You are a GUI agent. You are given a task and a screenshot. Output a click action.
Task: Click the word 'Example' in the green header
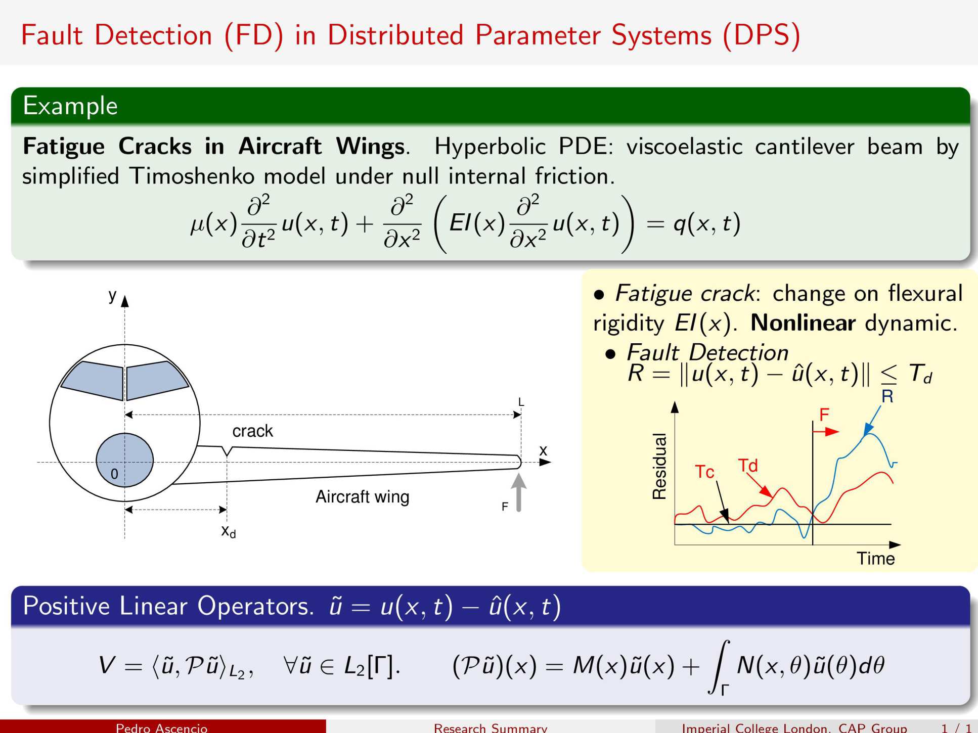tap(70, 106)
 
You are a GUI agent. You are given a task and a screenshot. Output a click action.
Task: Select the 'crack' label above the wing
tap(252, 431)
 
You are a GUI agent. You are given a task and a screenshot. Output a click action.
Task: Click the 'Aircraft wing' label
tap(362, 496)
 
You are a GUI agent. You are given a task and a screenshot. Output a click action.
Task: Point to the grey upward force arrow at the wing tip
tap(518, 492)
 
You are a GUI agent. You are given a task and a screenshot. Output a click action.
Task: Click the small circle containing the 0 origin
tap(124, 460)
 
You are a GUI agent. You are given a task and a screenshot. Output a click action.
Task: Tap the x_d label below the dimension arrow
tap(229, 531)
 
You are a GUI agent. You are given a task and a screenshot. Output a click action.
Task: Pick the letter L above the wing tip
tap(521, 402)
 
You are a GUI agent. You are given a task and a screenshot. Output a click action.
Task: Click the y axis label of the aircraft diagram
tap(112, 295)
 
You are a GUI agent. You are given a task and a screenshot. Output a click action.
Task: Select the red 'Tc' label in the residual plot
tap(704, 472)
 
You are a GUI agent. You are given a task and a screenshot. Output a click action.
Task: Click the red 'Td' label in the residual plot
tap(748, 465)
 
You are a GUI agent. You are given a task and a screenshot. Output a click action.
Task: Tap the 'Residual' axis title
tap(659, 466)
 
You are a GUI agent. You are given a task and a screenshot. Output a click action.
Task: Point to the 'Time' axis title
tap(875, 559)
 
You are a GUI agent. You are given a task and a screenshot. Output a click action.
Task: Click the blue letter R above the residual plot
tap(887, 396)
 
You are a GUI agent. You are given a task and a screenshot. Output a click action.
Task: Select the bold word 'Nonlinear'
tap(803, 323)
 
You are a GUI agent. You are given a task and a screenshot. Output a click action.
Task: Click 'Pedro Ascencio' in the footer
tap(161, 727)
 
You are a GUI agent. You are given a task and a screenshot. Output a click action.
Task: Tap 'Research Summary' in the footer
tap(491, 727)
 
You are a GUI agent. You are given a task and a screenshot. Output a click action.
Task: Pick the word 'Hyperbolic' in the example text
tap(490, 147)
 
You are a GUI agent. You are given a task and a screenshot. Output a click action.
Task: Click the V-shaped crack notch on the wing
tap(228, 451)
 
